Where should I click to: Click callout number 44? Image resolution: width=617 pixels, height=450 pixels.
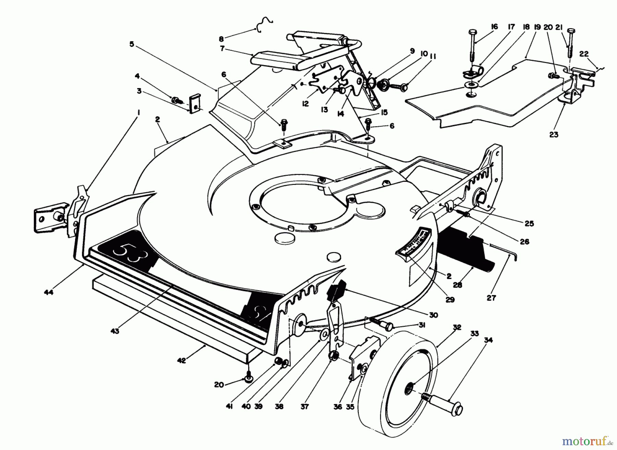pos(49,293)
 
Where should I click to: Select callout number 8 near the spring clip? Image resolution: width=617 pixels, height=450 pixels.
pos(221,39)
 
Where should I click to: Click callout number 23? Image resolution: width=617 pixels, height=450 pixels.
pos(554,134)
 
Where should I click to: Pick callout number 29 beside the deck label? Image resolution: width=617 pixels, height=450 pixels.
pos(450,299)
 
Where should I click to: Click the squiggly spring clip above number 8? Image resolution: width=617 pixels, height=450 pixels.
pos(264,25)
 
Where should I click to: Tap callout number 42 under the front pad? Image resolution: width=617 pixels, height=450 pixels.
pos(181,360)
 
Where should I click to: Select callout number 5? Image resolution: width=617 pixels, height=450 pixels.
pos(132,44)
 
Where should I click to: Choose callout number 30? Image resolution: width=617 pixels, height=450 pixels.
pos(433,315)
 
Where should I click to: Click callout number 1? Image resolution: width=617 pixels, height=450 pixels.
pos(138,112)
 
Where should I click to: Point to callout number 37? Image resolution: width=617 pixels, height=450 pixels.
pos(304,406)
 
